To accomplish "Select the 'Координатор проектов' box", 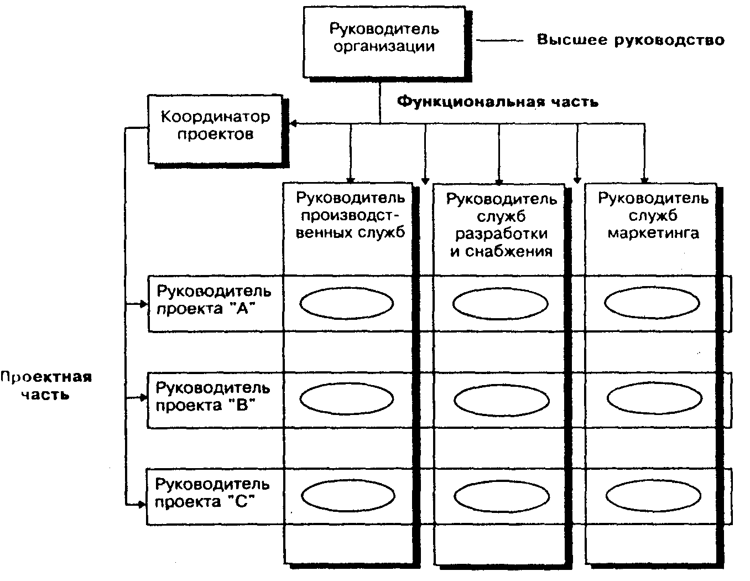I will pos(216,126).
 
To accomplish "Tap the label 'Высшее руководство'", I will pos(631,40).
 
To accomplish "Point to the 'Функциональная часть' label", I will pos(498,102).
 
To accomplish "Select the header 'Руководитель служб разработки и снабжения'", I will pos(501,224).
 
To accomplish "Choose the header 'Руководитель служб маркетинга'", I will pos(653,215).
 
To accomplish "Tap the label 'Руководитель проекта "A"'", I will pos(213,299).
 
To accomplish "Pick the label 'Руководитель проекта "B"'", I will pos(213,396).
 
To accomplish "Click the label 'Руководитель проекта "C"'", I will pos(212,493).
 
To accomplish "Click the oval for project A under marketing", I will pos(652,303).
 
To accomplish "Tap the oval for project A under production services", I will pos(347,303).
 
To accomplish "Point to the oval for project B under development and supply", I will pos(501,399).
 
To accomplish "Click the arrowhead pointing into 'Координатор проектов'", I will pos(293,123).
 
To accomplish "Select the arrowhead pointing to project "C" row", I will pos(142,504).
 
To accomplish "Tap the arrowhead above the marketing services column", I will pos(644,179).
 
